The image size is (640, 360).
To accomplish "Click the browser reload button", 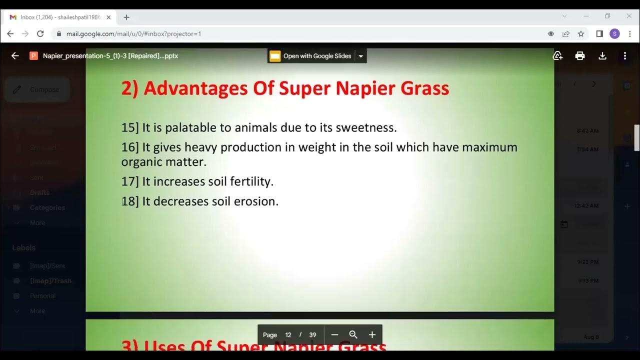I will click(40, 34).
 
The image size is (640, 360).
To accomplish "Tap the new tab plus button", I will click(126, 17).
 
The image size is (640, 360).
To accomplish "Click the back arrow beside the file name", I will click(15, 56).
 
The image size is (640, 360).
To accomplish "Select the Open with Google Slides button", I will click(311, 56).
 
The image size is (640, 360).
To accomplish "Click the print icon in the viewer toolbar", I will click(580, 56).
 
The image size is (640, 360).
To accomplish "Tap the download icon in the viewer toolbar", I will click(602, 56).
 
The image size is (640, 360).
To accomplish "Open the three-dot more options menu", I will click(624, 56).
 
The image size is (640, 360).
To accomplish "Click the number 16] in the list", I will click(130, 147).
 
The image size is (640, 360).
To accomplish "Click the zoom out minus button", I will click(335, 334).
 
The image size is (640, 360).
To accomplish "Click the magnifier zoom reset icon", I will click(353, 334).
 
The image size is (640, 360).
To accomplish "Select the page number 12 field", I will click(288, 335).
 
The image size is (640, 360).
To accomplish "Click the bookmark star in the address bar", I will click(581, 34).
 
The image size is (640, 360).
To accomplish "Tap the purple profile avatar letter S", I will click(614, 34).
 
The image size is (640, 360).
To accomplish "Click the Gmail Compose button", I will click(37, 90).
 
